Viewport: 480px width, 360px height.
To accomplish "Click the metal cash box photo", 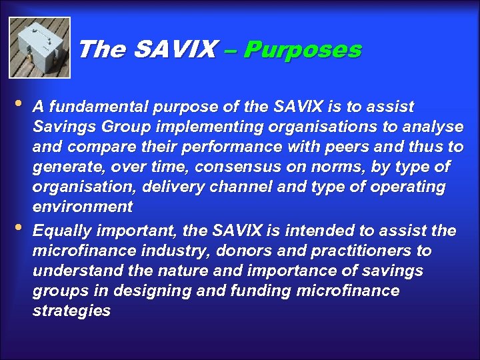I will coord(39,47).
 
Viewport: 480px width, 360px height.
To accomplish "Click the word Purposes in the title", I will coord(303,49).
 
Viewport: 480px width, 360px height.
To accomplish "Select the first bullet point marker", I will coord(18,105).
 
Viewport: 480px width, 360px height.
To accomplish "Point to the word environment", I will coord(83,207).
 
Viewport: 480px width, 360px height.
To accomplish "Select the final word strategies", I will coord(71,311).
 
